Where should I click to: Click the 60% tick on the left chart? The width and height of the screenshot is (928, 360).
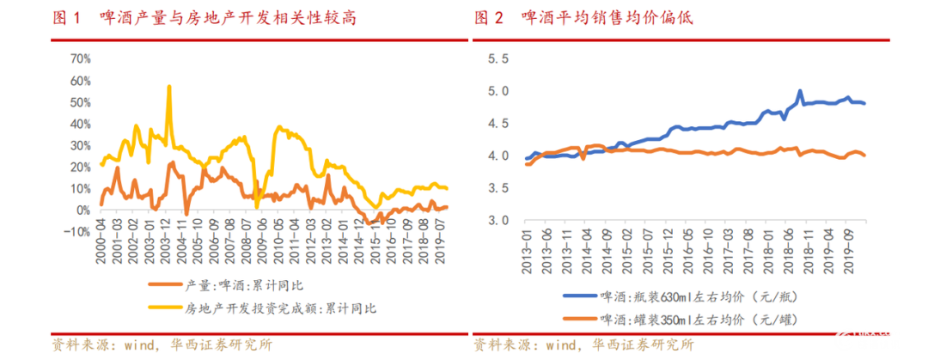pyautogui.click(x=79, y=81)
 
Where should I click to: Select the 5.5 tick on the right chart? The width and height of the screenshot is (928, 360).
pyautogui.click(x=498, y=59)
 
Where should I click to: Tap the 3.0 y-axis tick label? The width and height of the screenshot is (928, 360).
pyautogui.click(x=498, y=220)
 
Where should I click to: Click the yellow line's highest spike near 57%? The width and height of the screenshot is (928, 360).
pyautogui.click(x=168, y=86)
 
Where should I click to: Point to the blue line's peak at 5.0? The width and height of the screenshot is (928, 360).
pyautogui.click(x=800, y=91)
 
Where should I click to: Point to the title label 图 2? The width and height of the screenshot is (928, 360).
pyautogui.click(x=488, y=17)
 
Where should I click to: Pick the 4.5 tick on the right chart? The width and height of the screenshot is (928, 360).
pyautogui.click(x=498, y=124)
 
